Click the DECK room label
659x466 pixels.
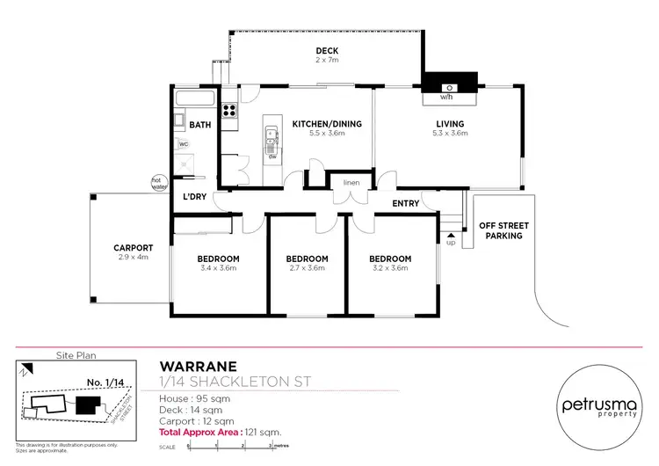click(328, 51)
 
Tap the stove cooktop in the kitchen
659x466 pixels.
click(229, 111)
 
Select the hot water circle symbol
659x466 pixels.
click(158, 183)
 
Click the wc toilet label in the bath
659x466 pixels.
click(184, 143)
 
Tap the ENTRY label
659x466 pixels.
click(406, 203)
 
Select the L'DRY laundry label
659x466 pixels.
click(195, 196)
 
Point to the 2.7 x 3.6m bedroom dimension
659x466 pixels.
click(308, 268)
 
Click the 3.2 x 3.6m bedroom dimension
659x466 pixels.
click(389, 268)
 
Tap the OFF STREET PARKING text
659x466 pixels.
click(501, 230)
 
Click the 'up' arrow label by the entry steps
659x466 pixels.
click(452, 242)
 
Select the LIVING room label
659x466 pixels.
click(451, 124)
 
